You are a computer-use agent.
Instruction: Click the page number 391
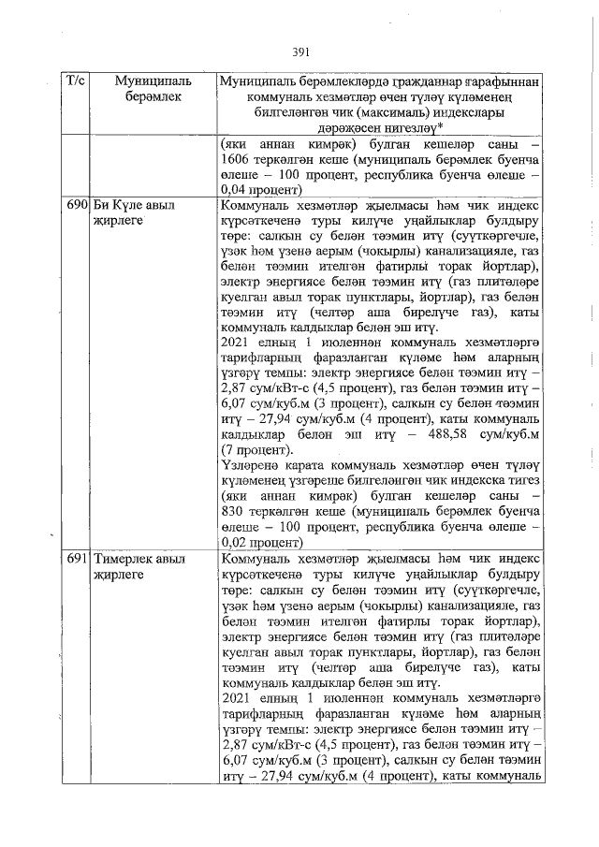click(x=300, y=51)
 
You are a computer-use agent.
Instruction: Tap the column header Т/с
click(x=76, y=82)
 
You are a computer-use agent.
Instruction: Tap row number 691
click(x=76, y=559)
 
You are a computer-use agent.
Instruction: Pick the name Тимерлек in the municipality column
click(x=123, y=559)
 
